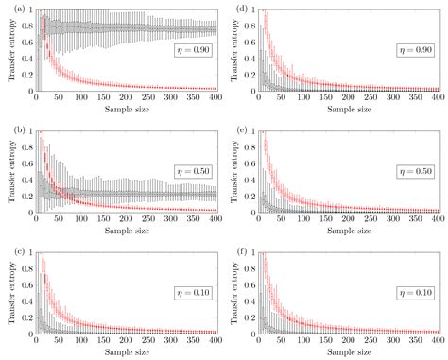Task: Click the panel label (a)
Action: (x=8, y=9)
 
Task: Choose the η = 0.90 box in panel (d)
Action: (x=416, y=47)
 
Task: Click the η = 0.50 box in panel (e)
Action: (x=416, y=168)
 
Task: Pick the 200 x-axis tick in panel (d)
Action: (x=349, y=99)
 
